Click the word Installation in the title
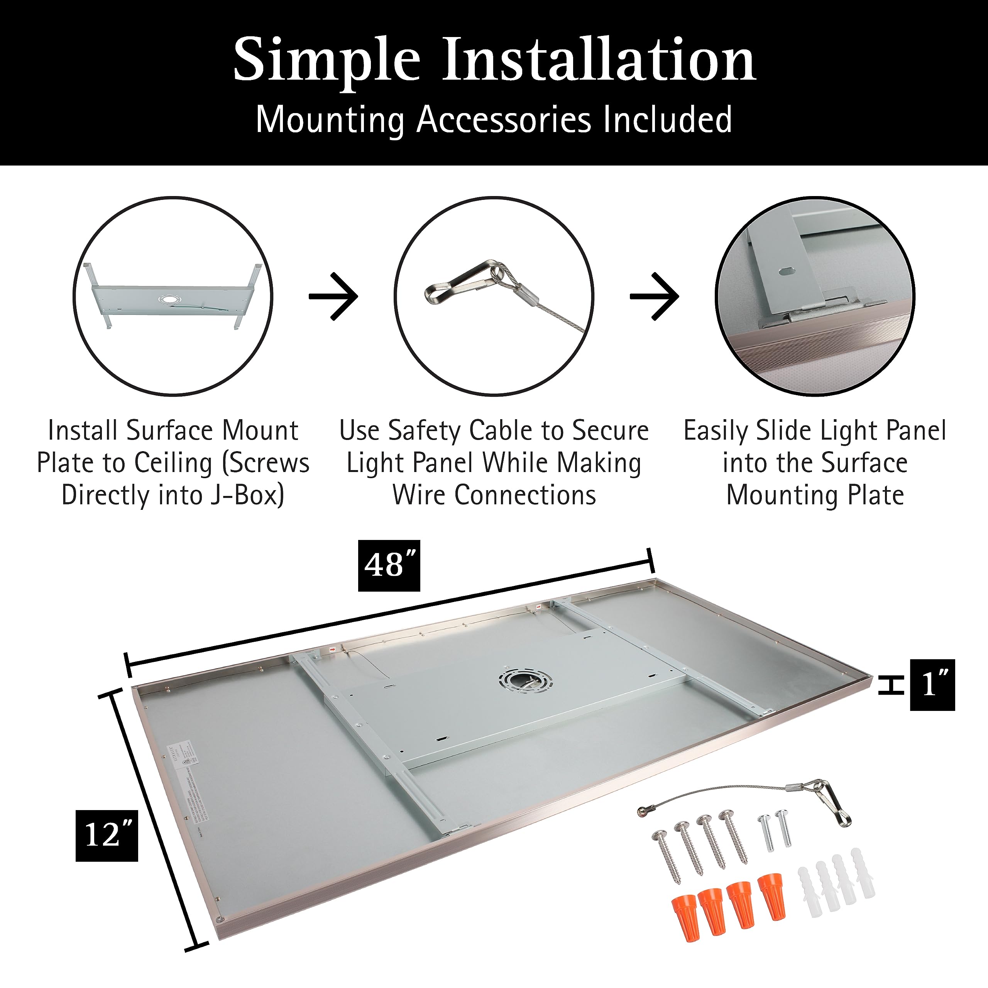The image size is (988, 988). click(598, 60)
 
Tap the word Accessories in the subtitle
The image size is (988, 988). click(505, 120)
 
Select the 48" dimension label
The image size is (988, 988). click(389, 566)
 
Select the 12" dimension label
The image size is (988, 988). click(107, 836)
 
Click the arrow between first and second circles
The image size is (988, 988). click(334, 296)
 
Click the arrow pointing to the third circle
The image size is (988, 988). click(655, 296)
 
